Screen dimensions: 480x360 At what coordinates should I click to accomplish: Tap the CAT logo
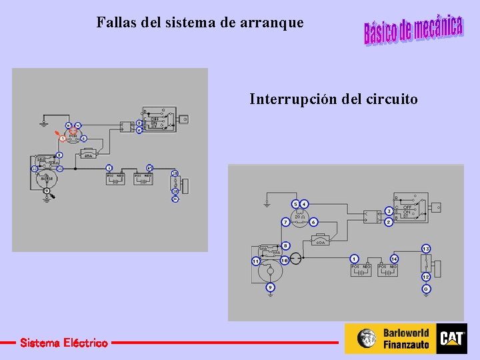click(452, 339)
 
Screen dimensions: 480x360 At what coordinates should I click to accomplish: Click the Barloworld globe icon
click(366, 339)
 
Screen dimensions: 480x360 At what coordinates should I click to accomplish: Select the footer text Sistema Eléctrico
click(63, 343)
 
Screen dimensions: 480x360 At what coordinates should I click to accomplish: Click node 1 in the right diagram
click(354, 259)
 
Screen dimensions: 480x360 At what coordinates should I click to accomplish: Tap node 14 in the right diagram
click(395, 259)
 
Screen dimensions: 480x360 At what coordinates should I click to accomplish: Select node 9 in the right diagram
click(270, 287)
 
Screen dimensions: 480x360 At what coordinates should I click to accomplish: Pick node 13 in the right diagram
click(426, 249)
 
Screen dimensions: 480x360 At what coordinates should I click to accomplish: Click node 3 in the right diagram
click(389, 211)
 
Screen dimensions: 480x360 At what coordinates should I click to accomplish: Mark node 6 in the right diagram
click(313, 221)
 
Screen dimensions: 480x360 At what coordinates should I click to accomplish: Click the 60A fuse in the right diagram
click(321, 242)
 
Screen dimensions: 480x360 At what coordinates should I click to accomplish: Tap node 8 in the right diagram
click(285, 246)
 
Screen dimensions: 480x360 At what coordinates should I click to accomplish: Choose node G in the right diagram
click(426, 289)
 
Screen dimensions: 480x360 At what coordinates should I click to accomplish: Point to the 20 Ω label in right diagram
click(299, 217)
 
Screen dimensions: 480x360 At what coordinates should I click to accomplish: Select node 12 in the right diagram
click(426, 277)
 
